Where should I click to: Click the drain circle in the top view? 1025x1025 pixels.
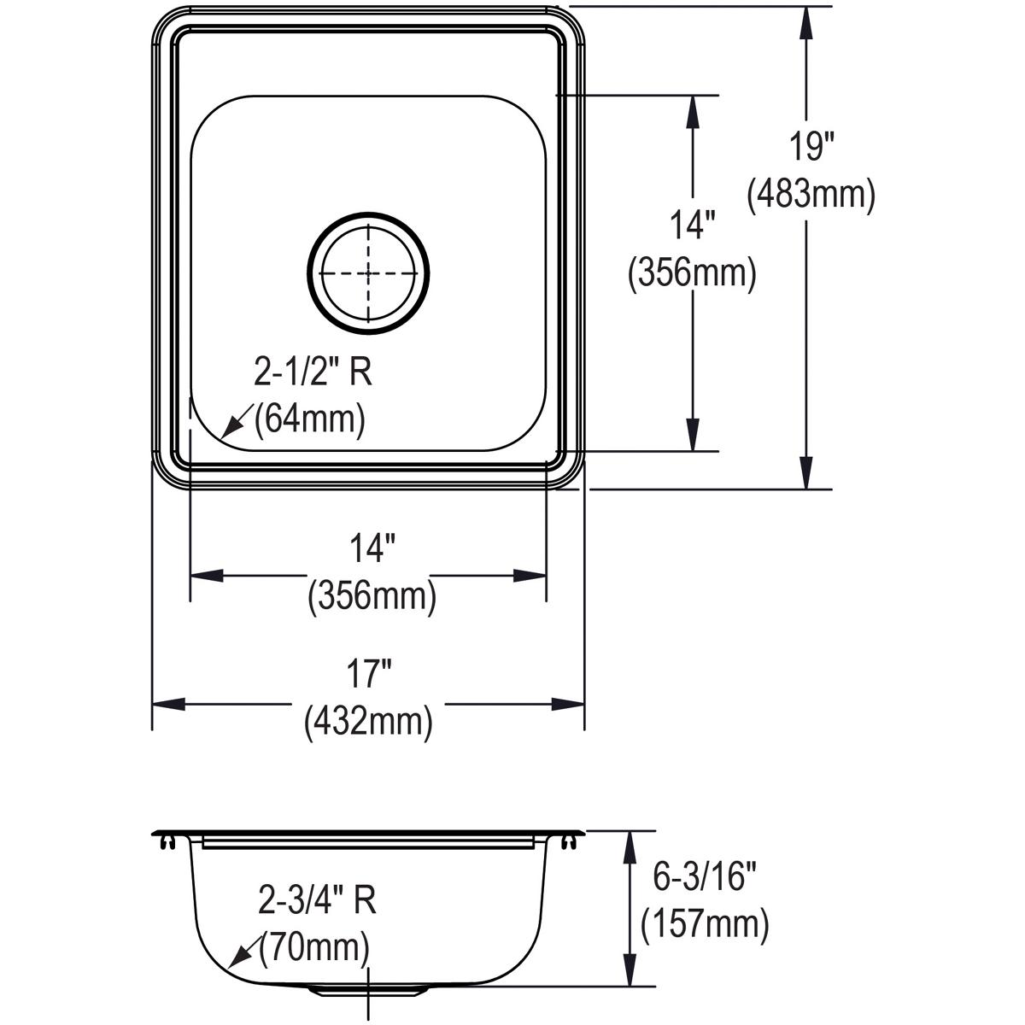tap(368, 272)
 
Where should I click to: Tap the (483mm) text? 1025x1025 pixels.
tap(810, 195)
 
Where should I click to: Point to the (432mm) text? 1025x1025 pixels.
tap(368, 722)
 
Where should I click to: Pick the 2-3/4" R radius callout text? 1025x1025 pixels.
tap(318, 899)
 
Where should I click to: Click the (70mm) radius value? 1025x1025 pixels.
tap(315, 946)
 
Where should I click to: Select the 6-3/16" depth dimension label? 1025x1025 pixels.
tap(700, 876)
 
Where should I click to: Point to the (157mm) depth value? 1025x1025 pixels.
tap(704, 922)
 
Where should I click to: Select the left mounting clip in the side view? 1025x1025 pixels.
tap(166, 842)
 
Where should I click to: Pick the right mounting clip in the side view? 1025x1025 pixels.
tap(569, 842)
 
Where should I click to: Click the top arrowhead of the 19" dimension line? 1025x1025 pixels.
tap(805, 22)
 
